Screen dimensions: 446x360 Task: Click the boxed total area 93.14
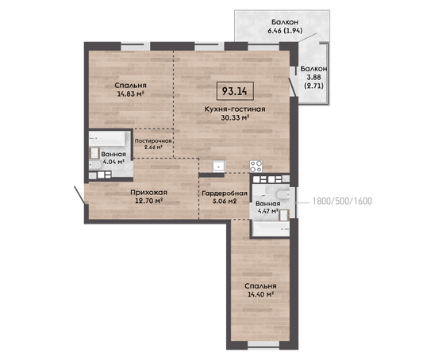(235, 91)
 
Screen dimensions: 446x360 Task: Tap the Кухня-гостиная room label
(235, 109)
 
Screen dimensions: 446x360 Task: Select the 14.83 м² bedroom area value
(130, 94)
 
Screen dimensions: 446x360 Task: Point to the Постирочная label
(153, 141)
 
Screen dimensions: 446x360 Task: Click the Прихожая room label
(148, 193)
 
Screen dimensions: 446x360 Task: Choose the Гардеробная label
(225, 193)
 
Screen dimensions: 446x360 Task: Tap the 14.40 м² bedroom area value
(260, 294)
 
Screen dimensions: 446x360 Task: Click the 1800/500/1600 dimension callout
(342, 201)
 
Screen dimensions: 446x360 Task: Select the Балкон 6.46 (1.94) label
(285, 26)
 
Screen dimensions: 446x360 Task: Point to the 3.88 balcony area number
(313, 77)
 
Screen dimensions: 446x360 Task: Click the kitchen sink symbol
(219, 166)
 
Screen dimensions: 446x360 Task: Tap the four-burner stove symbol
(256, 167)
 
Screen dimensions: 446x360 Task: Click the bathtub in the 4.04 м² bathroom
(107, 139)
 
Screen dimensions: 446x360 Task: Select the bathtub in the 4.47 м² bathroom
(271, 229)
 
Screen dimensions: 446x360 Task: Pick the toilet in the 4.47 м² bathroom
(283, 195)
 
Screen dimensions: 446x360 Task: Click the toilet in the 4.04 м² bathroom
(95, 165)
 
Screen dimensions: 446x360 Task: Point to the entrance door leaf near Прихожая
(79, 195)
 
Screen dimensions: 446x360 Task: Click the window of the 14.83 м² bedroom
(135, 46)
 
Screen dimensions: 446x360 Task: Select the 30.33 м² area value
(235, 117)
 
